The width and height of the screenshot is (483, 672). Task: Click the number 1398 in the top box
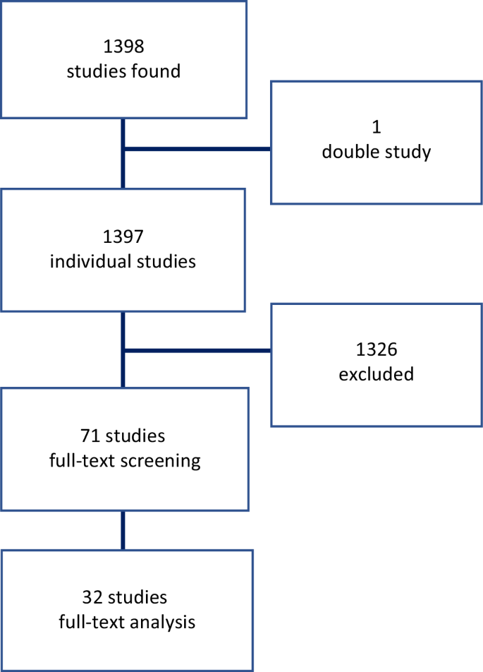click(x=123, y=48)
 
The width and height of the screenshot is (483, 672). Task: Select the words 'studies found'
click(x=123, y=71)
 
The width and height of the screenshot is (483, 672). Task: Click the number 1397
click(x=123, y=238)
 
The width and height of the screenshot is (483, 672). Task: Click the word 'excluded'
click(x=376, y=374)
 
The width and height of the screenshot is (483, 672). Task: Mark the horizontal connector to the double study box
click(x=197, y=149)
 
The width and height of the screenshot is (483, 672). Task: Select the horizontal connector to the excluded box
click(x=197, y=350)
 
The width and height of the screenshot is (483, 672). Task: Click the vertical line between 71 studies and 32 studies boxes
click(x=123, y=530)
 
